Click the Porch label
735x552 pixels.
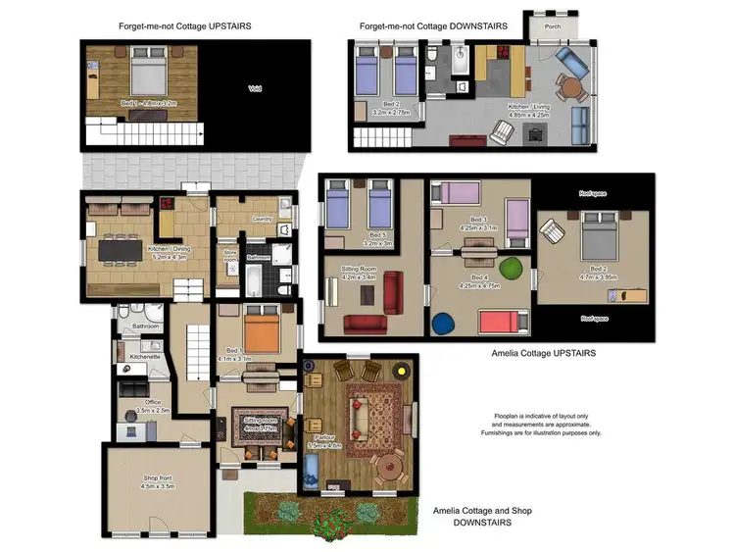[553, 26]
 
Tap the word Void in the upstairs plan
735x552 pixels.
[254, 90]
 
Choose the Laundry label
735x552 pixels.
[262, 219]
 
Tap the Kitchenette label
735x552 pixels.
[144, 357]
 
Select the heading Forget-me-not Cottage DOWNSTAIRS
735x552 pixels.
[432, 26]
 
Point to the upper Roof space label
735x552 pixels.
[592, 194]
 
